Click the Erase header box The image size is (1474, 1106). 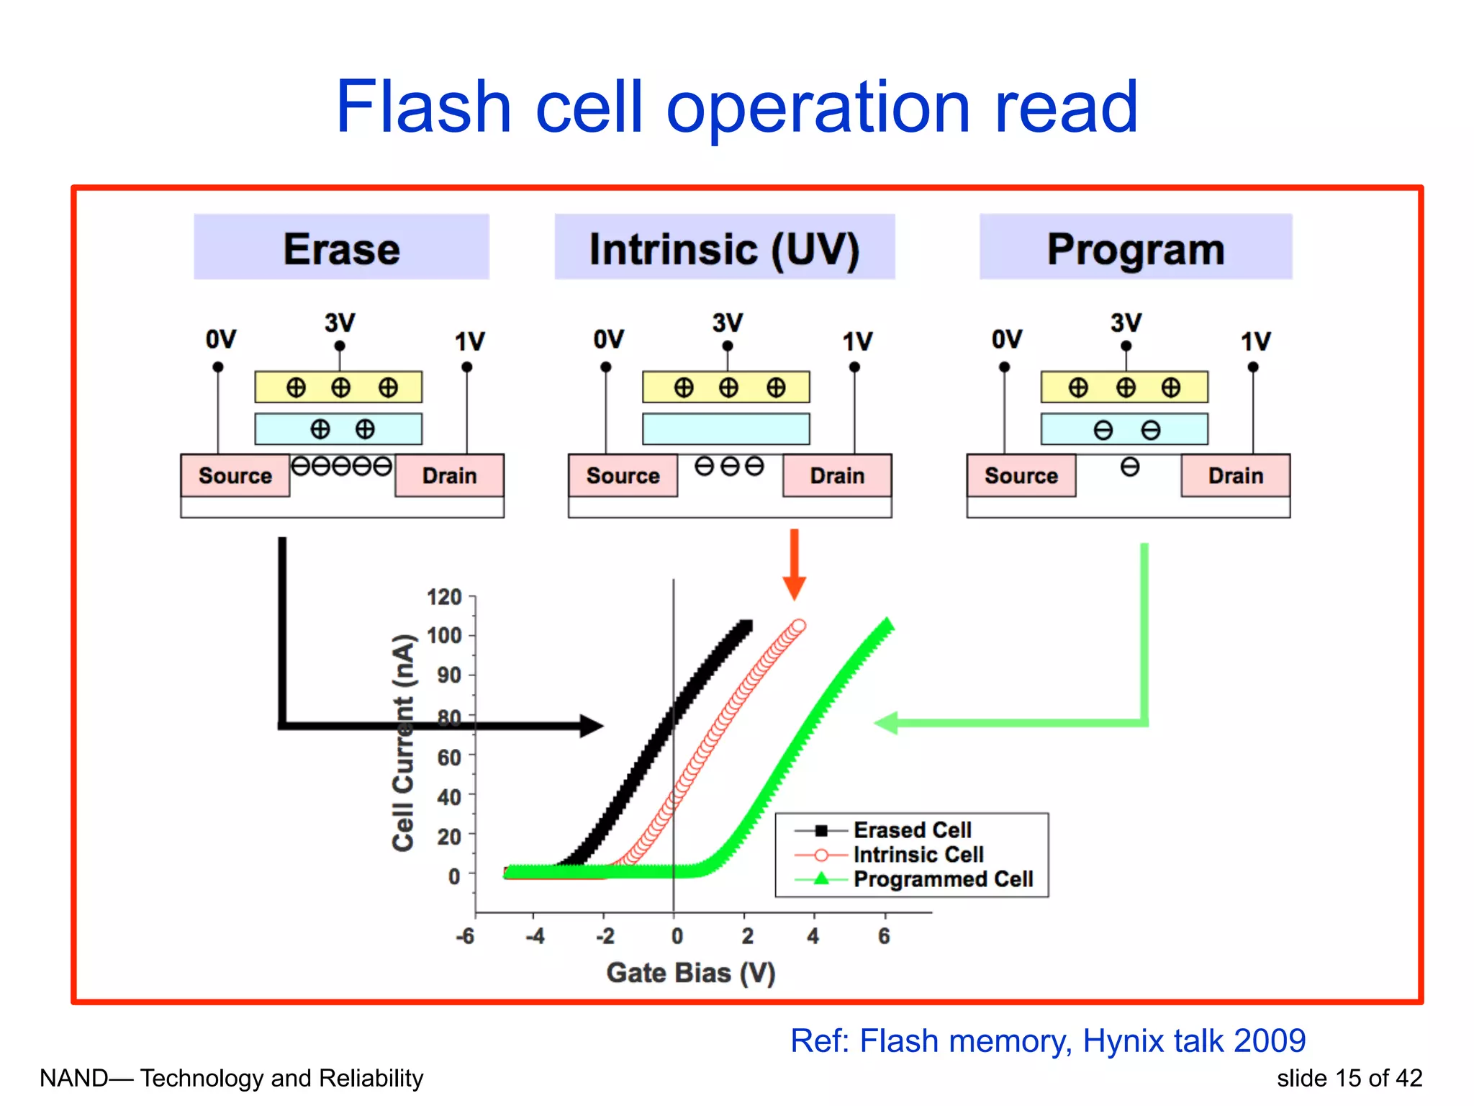click(341, 248)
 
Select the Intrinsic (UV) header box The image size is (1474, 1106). click(724, 248)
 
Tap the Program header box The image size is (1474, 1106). click(1135, 248)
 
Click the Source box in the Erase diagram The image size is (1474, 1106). click(235, 475)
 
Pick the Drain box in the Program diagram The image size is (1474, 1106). click(1235, 475)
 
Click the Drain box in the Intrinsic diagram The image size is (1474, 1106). click(836, 475)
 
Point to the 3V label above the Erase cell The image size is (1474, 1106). click(339, 322)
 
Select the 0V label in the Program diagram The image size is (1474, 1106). click(1006, 339)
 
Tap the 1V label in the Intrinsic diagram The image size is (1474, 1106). click(857, 341)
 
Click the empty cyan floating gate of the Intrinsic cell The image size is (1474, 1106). click(725, 429)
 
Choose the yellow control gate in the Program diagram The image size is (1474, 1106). click(1123, 387)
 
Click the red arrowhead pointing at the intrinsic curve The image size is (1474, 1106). click(794, 588)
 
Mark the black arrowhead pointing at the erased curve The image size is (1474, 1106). click(592, 726)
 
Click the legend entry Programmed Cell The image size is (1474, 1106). click(943, 879)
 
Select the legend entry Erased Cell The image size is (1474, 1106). click(912, 830)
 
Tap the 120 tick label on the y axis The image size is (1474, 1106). click(444, 597)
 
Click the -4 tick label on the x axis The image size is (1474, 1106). click(535, 936)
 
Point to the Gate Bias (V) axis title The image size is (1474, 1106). click(690, 973)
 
